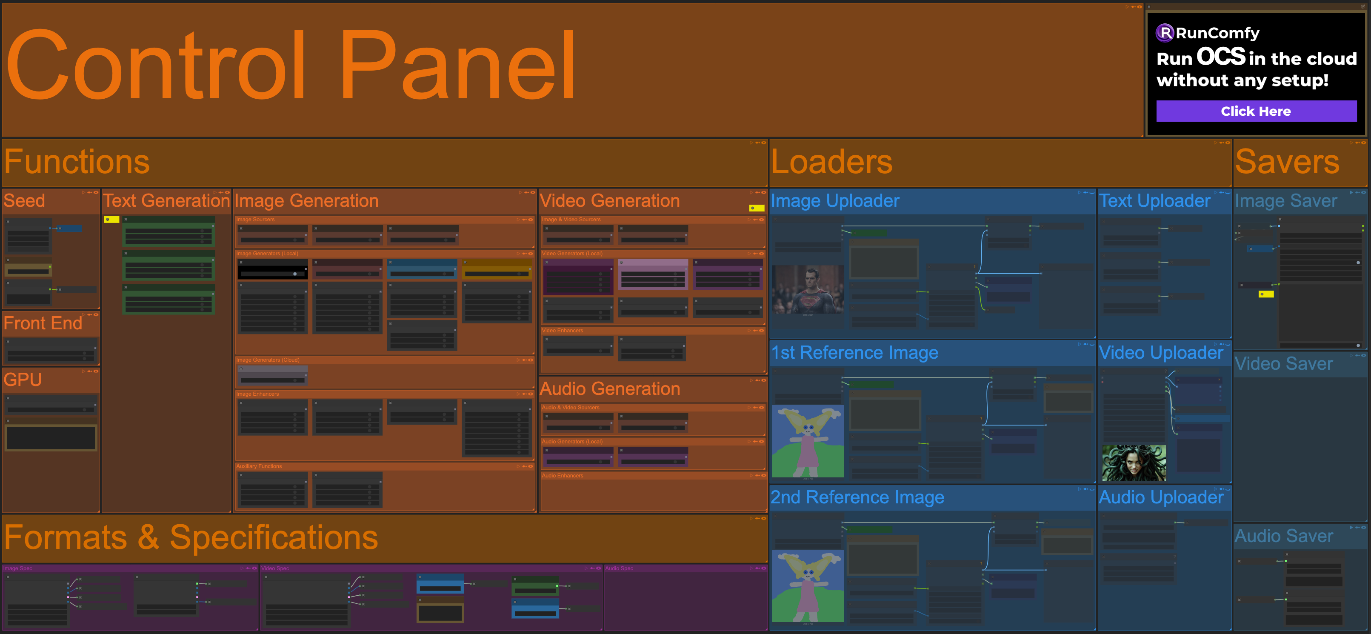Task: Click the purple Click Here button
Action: tap(1256, 111)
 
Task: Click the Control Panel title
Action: tap(290, 65)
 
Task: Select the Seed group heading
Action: tap(25, 201)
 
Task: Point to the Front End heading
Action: tap(43, 323)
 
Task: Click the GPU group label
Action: tap(23, 380)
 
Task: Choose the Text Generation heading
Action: tap(166, 201)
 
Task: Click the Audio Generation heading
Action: tap(610, 388)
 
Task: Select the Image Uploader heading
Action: tap(835, 201)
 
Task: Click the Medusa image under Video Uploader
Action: tap(1134, 463)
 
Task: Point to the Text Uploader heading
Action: tap(1155, 201)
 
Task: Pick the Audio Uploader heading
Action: tap(1161, 497)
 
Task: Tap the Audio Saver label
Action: tap(1284, 536)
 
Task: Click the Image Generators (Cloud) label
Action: tap(268, 360)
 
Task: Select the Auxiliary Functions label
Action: tap(259, 466)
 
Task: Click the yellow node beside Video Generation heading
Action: tap(756, 208)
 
